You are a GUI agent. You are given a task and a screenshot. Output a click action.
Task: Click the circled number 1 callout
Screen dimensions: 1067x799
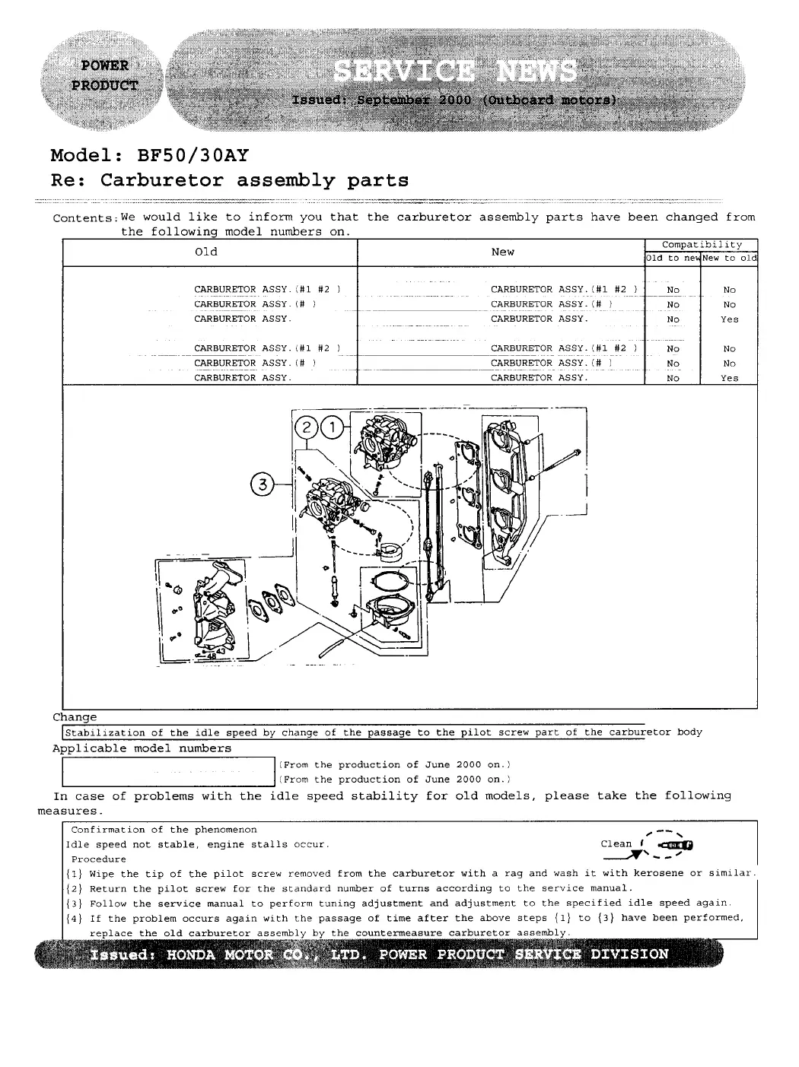point(333,428)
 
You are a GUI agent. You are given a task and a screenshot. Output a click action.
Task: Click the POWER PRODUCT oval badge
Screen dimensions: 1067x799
point(105,75)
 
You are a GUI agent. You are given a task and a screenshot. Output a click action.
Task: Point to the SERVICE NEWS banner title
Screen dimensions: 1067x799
point(455,73)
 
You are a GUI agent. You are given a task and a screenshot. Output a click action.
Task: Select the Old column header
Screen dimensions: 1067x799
point(206,252)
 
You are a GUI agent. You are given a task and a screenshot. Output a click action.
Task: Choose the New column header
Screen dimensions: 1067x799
point(502,252)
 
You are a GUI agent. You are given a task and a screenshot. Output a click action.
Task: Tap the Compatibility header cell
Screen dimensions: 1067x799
point(701,245)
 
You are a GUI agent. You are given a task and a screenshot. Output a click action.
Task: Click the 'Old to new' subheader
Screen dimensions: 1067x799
point(673,259)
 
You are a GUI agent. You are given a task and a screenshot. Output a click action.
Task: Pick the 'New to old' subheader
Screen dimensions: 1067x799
point(729,259)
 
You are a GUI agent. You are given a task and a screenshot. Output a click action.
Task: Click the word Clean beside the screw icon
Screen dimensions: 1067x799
point(616,843)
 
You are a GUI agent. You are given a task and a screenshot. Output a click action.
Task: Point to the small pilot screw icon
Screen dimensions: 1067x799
point(676,845)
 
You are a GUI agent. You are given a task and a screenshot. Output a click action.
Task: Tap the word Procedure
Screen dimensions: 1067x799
point(99,859)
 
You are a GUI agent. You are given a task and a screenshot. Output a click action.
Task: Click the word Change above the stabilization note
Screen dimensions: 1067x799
point(75,717)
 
